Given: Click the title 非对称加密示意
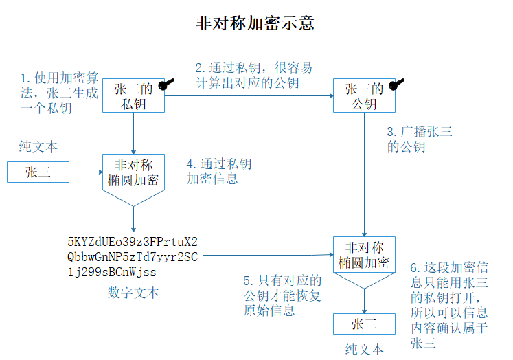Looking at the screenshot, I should coord(255,23).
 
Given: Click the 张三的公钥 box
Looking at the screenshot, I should coord(364,96).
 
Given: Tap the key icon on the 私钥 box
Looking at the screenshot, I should coord(166,84).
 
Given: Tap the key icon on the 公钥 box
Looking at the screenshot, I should coord(396,84).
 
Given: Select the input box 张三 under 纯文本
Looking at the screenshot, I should coord(38,172).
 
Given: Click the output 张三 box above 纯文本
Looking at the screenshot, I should coord(364,324).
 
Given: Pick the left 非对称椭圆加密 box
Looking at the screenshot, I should coord(134,172).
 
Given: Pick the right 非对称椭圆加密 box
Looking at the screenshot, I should coord(364,255).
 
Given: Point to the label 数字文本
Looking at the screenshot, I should coord(133,293).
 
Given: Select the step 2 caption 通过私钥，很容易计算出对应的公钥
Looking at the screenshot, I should coord(253,76).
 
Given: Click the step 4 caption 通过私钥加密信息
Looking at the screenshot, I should coord(219,172).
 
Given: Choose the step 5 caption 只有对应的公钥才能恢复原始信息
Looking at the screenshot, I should coord(282,295).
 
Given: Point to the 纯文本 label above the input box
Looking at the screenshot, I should coord(38,146).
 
